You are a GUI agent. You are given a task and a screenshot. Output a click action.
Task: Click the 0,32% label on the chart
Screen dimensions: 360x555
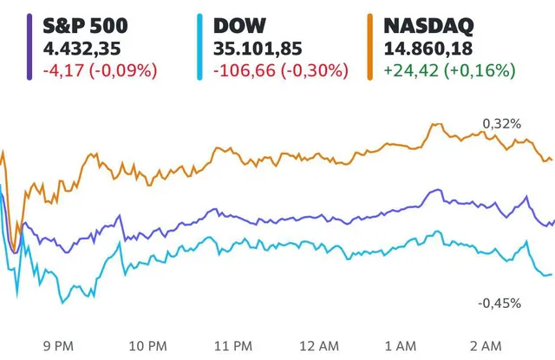point(503,125)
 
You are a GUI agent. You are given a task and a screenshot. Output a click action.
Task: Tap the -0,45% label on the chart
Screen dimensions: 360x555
point(499,303)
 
